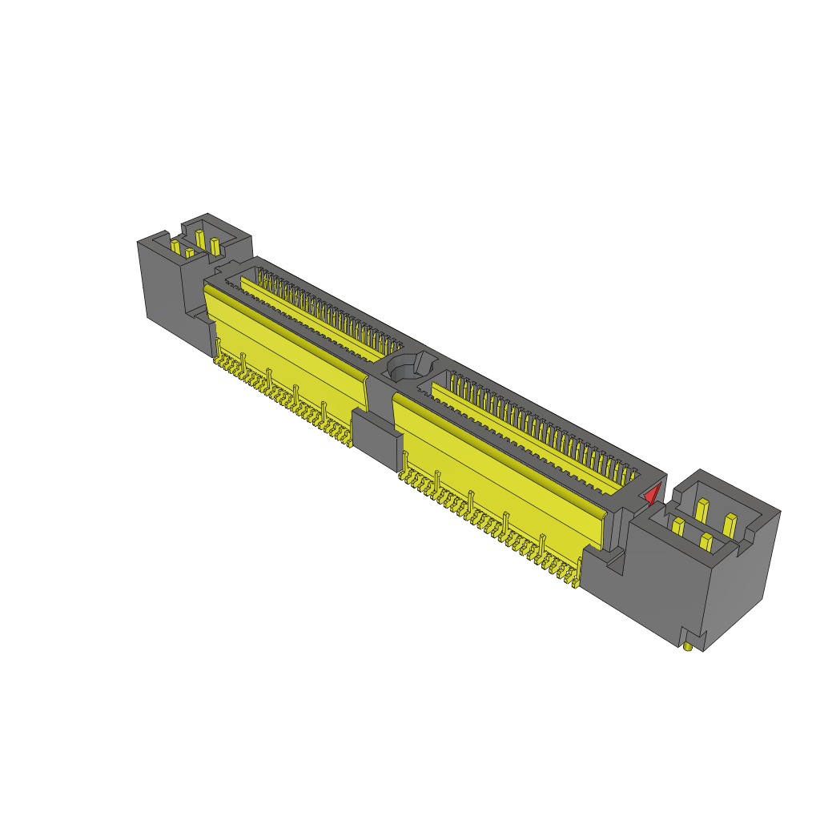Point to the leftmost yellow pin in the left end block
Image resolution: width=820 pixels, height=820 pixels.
pyautogui.click(x=175, y=247)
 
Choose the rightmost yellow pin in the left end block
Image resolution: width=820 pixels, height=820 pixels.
pyautogui.click(x=215, y=245)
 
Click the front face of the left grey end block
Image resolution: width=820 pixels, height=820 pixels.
pyautogui.click(x=160, y=284)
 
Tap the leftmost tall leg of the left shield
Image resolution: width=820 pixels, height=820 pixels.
pyautogui.click(x=218, y=347)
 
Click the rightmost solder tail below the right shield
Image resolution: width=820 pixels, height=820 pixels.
pyautogui.click(x=578, y=578)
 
